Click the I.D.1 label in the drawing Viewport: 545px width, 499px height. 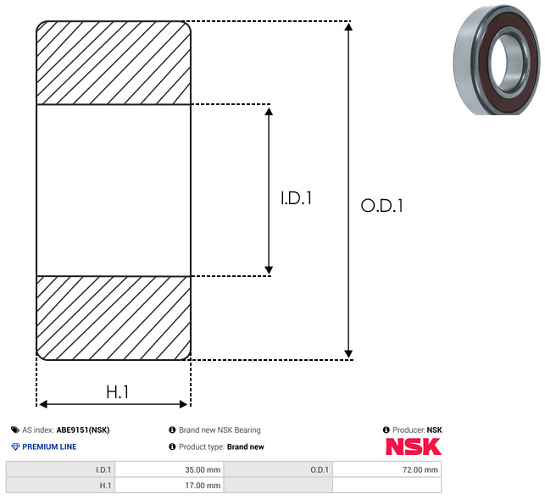tap(296, 198)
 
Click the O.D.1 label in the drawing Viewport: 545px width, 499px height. tap(381, 205)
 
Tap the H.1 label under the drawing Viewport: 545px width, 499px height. tap(117, 392)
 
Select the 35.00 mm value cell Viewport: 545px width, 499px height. tap(170, 469)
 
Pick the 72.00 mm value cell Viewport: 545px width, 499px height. tap(387, 469)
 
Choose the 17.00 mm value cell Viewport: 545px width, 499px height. tap(170, 485)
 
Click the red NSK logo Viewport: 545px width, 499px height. tap(414, 446)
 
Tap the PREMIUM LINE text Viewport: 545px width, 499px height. tap(49, 446)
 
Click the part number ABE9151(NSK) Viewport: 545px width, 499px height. tap(83, 430)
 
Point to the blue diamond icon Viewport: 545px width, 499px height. tap(15, 446)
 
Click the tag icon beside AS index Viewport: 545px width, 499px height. tap(15, 430)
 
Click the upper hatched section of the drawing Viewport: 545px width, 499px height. tap(114, 63)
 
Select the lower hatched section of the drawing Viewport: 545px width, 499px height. tap(114, 318)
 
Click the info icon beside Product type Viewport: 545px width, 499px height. tap(172, 446)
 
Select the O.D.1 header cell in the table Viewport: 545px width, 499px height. tap(278, 469)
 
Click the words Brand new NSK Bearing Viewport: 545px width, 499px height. tap(220, 430)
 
